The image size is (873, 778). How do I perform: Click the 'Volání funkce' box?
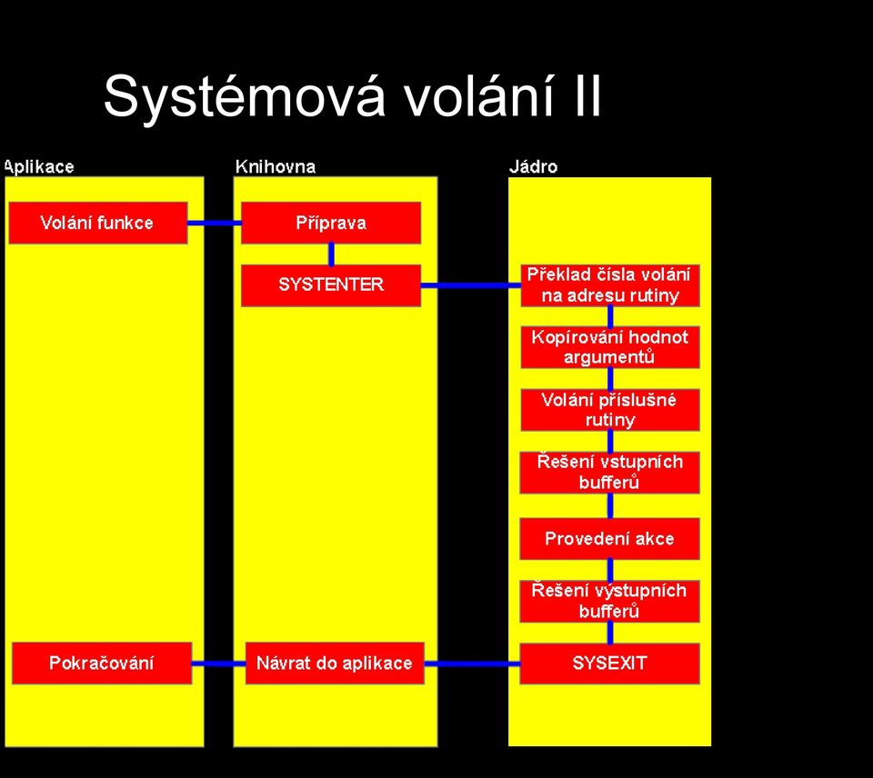coord(98,223)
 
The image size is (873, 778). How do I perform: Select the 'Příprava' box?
coord(331,223)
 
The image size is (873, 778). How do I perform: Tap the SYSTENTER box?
coord(331,284)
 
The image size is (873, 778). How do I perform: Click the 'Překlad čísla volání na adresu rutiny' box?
coord(610,284)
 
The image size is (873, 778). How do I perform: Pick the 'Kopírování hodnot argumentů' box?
coord(610,347)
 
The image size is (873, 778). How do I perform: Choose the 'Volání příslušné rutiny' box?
coord(610,410)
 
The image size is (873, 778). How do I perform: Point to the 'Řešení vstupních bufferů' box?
coord(609,473)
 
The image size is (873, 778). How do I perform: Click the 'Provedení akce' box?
coord(609,538)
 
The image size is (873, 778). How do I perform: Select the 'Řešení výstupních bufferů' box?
coord(609,601)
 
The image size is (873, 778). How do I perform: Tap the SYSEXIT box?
coord(609,663)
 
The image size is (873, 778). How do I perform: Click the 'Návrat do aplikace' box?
coord(335,663)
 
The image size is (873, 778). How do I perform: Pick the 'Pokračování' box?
coord(102,663)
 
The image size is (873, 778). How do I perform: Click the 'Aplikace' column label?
coord(39,167)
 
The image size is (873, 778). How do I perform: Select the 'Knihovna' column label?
coord(275,166)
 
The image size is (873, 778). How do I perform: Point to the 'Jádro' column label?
coord(533,166)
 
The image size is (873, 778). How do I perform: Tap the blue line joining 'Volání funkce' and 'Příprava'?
coord(215,224)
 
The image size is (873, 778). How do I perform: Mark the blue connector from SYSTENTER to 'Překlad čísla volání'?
coord(470,285)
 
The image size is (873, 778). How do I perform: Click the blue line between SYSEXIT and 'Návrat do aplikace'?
coord(472,663)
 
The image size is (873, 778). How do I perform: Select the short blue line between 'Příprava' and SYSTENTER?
coord(331,254)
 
